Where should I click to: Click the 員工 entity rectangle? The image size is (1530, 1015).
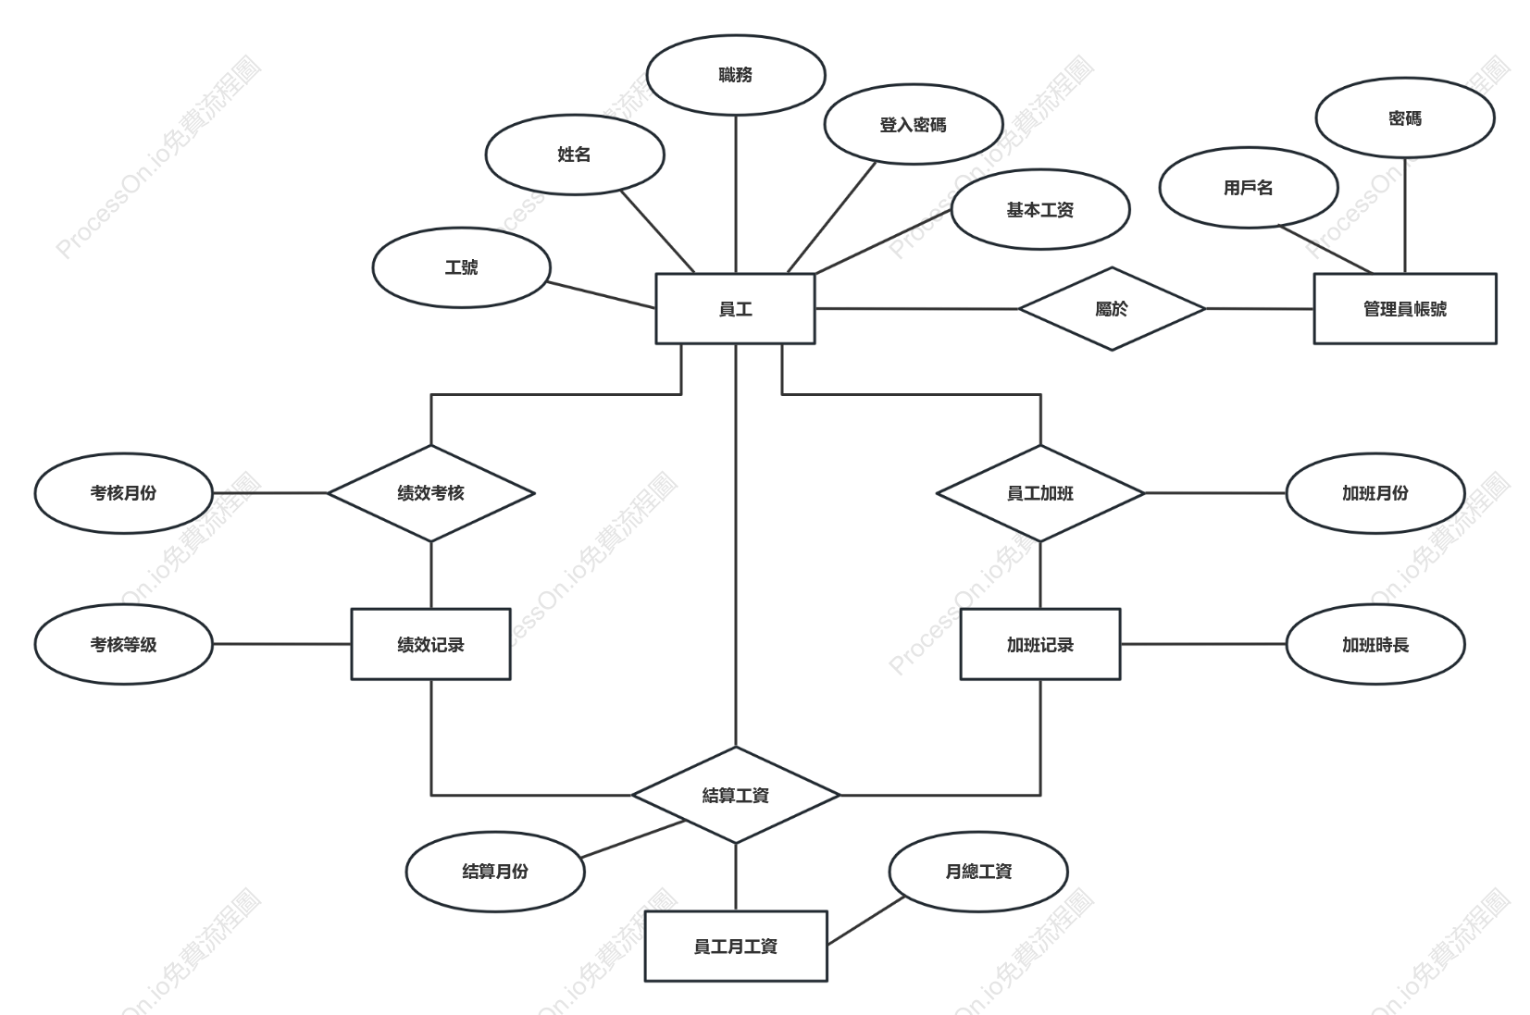click(735, 308)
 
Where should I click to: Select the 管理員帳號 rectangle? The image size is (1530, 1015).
click(1405, 308)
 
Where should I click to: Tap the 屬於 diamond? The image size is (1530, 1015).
click(1112, 308)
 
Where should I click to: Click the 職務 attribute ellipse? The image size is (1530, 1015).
click(736, 75)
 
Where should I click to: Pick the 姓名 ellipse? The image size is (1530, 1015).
click(575, 155)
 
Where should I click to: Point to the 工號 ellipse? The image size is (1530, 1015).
click(462, 267)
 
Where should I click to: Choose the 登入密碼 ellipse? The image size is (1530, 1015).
click(914, 124)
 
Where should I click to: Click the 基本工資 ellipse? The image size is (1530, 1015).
click(1040, 209)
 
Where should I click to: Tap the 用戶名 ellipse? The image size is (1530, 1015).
click(1248, 188)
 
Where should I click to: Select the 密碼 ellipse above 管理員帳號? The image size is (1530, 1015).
click(1405, 118)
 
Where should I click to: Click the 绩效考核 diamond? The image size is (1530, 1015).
click(431, 493)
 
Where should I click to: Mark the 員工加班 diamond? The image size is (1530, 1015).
click(1040, 493)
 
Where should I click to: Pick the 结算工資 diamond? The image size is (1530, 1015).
click(736, 795)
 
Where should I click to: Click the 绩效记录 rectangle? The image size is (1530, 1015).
click(431, 644)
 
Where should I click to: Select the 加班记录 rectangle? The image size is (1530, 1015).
click(1040, 644)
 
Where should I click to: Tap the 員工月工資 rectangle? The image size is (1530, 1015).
click(736, 946)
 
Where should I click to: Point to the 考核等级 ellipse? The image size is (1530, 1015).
click(124, 644)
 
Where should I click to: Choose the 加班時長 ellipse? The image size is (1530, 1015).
click(1375, 644)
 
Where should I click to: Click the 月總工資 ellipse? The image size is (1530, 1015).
click(978, 872)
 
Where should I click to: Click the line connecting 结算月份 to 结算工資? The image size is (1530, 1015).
click(633, 839)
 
